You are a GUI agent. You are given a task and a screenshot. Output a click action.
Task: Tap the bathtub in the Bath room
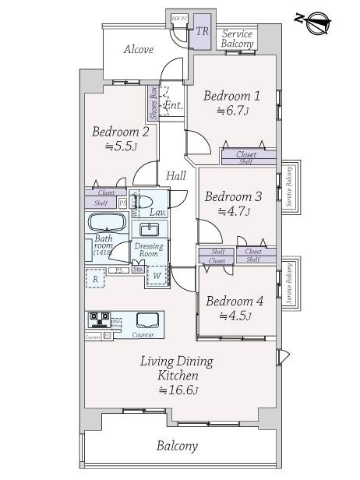pyautogui.click(x=105, y=221)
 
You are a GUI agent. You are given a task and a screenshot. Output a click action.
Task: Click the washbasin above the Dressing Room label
pyautogui.click(x=150, y=229)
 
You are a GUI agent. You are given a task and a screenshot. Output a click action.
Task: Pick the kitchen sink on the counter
pyautogui.click(x=147, y=319)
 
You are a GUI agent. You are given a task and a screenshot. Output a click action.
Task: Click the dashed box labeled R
pyautogui.click(x=95, y=277)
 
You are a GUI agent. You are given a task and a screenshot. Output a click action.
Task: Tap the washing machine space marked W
pyautogui.click(x=157, y=275)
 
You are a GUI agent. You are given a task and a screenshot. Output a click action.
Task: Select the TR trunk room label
pyautogui.click(x=202, y=31)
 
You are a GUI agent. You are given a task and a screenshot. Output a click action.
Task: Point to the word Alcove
pyautogui.click(x=138, y=50)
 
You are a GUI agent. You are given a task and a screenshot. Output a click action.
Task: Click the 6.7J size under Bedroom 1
pyautogui.click(x=231, y=111)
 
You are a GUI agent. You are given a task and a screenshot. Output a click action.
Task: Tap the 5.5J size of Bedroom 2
pyautogui.click(x=119, y=146)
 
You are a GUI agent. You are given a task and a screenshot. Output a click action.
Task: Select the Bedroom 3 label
pyautogui.click(x=231, y=196)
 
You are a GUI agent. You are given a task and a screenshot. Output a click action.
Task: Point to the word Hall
pyautogui.click(x=175, y=176)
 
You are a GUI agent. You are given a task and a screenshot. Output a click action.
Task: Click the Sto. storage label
pyautogui.click(x=138, y=270)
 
